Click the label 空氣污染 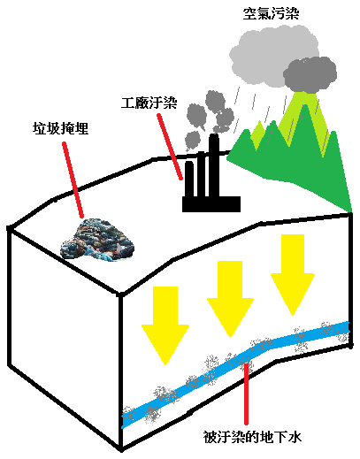pyautogui.click(x=271, y=13)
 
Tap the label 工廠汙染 pyautogui.click(x=149, y=103)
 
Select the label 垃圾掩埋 pyautogui.click(x=60, y=129)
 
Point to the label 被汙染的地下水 pyautogui.click(x=252, y=437)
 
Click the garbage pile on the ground pyautogui.click(x=97, y=239)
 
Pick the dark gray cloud pyautogui.click(x=310, y=74)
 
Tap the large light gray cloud pyautogui.click(x=272, y=55)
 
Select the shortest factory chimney pyautogui.click(x=189, y=180)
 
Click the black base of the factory pyautogui.click(x=211, y=204)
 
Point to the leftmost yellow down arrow pyautogui.click(x=165, y=325)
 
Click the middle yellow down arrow pyautogui.click(x=230, y=299)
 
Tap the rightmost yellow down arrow pyautogui.click(x=293, y=275)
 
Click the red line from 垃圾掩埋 pyautogui.click(x=73, y=180)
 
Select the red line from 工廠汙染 pyautogui.click(x=170, y=147)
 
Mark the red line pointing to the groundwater pyautogui.click(x=246, y=394)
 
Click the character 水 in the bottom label pyautogui.click(x=295, y=437)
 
